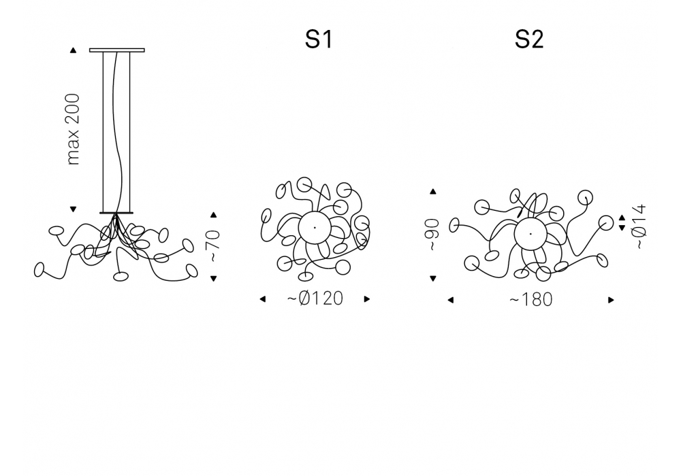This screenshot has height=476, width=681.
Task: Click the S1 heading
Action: [319, 39]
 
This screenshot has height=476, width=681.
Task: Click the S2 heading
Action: [529, 39]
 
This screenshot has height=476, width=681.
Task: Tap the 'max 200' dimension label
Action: [74, 129]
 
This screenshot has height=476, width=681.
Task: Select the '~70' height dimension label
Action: [214, 246]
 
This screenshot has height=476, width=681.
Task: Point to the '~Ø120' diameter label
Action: [315, 299]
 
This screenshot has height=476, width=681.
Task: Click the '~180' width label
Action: [530, 300]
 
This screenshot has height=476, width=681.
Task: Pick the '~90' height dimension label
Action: [432, 235]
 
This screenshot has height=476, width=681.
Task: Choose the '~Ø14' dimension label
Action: [641, 226]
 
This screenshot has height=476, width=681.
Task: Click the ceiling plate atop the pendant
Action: [117, 50]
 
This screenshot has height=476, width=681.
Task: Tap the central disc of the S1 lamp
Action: [315, 227]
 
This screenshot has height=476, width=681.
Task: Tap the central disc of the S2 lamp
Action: [530, 234]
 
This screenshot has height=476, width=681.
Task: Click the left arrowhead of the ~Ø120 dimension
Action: [262, 299]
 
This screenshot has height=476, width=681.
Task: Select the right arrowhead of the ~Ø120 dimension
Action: [367, 299]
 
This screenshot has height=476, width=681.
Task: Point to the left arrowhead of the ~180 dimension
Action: [450, 300]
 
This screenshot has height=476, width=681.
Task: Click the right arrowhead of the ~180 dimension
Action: [611, 300]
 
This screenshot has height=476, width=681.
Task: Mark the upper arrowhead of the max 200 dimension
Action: [73, 50]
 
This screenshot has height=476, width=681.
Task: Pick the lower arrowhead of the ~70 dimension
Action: [213, 279]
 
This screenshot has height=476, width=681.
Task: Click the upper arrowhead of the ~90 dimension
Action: [432, 191]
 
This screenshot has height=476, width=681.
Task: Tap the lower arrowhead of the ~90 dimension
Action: [432, 279]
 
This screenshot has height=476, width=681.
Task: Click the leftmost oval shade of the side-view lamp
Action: [39, 270]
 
